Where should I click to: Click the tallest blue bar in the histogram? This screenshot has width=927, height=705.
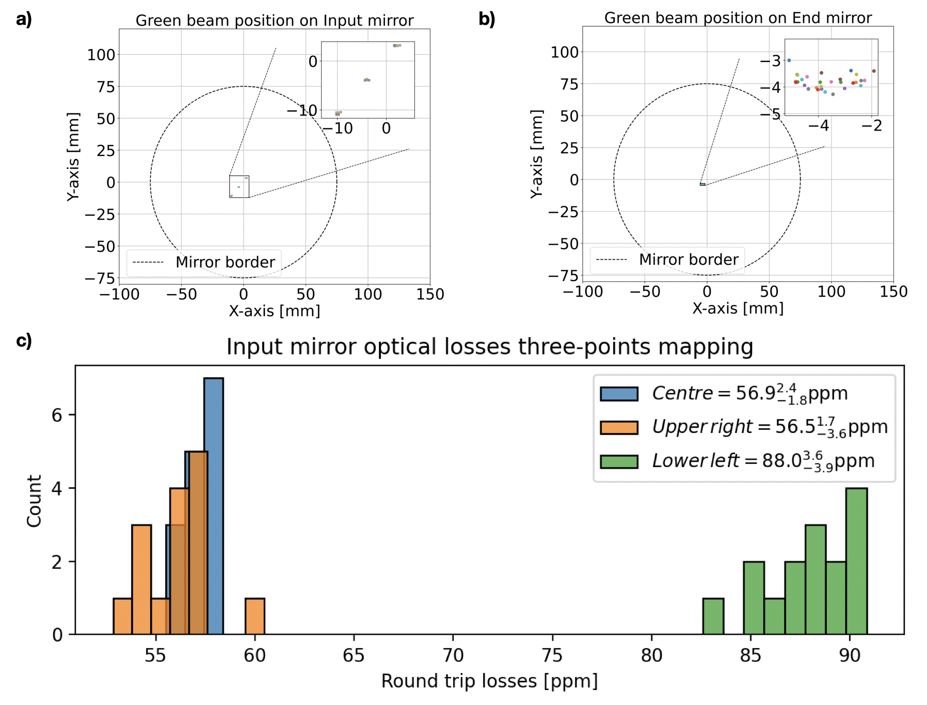click(x=214, y=506)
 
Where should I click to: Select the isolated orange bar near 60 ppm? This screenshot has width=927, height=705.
click(x=255, y=616)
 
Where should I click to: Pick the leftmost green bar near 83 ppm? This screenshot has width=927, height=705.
click(x=713, y=616)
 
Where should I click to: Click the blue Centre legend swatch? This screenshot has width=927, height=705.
click(x=619, y=394)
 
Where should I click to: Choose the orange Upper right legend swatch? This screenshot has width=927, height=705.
click(x=619, y=427)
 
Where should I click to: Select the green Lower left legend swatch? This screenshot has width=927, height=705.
click(x=619, y=461)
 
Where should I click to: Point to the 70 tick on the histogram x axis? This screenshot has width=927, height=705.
click(x=453, y=655)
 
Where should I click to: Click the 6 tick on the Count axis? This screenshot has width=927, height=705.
click(x=57, y=415)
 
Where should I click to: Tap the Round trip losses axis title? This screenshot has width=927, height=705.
click(x=489, y=681)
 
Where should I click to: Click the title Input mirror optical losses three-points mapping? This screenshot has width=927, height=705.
click(x=489, y=347)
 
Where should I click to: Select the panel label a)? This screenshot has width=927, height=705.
click(x=24, y=19)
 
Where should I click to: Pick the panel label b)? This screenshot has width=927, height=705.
click(x=487, y=19)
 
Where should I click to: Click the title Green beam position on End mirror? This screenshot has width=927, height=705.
click(x=738, y=18)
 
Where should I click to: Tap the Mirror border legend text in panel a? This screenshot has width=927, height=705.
click(x=225, y=262)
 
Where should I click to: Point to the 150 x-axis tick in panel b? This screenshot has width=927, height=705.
click(x=893, y=292)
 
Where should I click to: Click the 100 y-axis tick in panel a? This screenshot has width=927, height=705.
click(x=101, y=55)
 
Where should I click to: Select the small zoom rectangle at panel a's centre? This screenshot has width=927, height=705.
click(x=239, y=186)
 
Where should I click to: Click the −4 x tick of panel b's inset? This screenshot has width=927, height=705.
click(x=818, y=126)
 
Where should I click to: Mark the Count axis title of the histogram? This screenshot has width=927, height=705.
click(x=34, y=501)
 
